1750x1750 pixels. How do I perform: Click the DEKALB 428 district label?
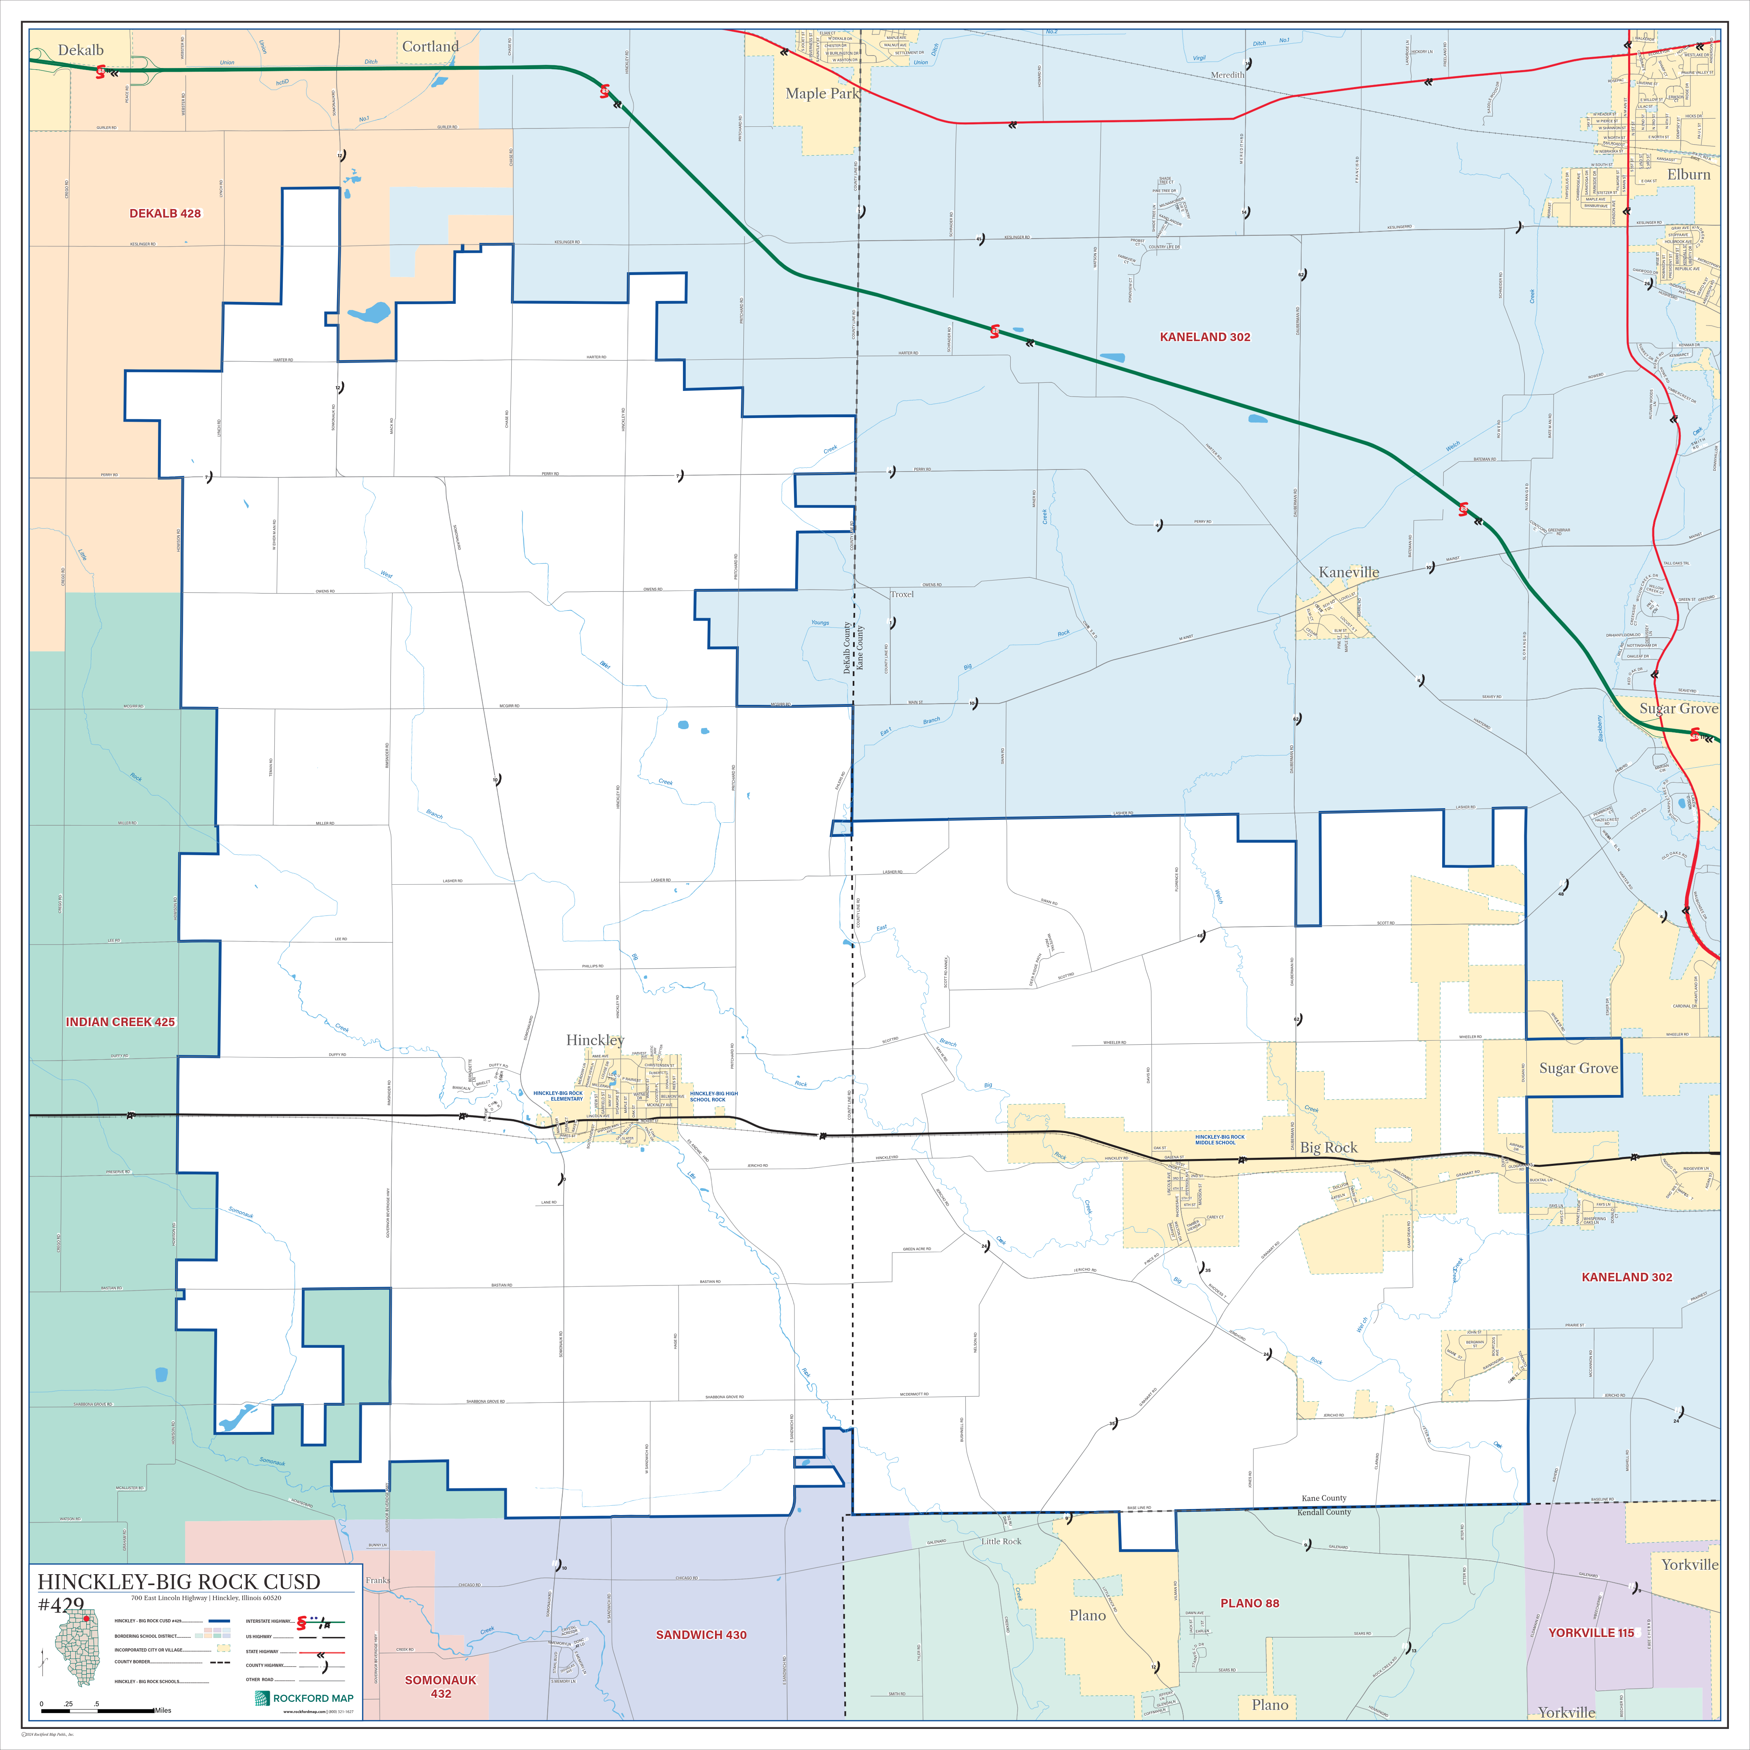pyautogui.click(x=165, y=214)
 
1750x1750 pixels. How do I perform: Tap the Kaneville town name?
pyautogui.click(x=1349, y=572)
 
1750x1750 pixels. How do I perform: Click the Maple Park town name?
pyautogui.click(x=822, y=93)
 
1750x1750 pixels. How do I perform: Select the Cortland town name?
pyautogui.click(x=430, y=47)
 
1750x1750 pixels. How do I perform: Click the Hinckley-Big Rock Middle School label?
pyautogui.click(x=1219, y=1140)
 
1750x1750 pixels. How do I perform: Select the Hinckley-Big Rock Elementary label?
pyautogui.click(x=558, y=1096)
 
